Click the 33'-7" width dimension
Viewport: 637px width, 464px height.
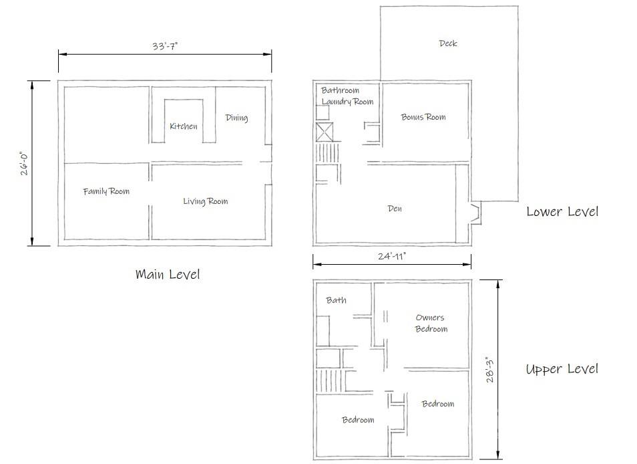click(x=165, y=46)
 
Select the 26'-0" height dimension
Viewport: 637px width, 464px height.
click(x=24, y=162)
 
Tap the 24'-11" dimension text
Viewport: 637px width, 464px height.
click(x=391, y=255)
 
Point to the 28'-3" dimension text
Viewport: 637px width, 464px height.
click(x=491, y=369)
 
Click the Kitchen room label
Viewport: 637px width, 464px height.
click(x=183, y=126)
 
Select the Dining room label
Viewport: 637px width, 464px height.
click(x=236, y=118)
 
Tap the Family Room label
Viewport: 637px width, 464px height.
click(x=106, y=191)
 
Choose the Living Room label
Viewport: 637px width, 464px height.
click(x=205, y=201)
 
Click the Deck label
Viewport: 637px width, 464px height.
click(x=448, y=43)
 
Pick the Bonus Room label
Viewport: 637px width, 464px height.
click(x=423, y=117)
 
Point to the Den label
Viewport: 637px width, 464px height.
click(x=395, y=209)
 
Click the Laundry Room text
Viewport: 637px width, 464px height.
click(x=347, y=102)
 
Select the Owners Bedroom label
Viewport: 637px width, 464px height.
click(x=431, y=323)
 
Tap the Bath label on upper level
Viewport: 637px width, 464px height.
click(x=337, y=300)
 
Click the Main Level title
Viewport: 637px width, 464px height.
click(x=168, y=274)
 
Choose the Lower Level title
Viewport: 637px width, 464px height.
click(x=562, y=211)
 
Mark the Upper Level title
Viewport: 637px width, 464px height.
click(x=562, y=369)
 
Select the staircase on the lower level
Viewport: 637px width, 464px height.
click(x=328, y=153)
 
